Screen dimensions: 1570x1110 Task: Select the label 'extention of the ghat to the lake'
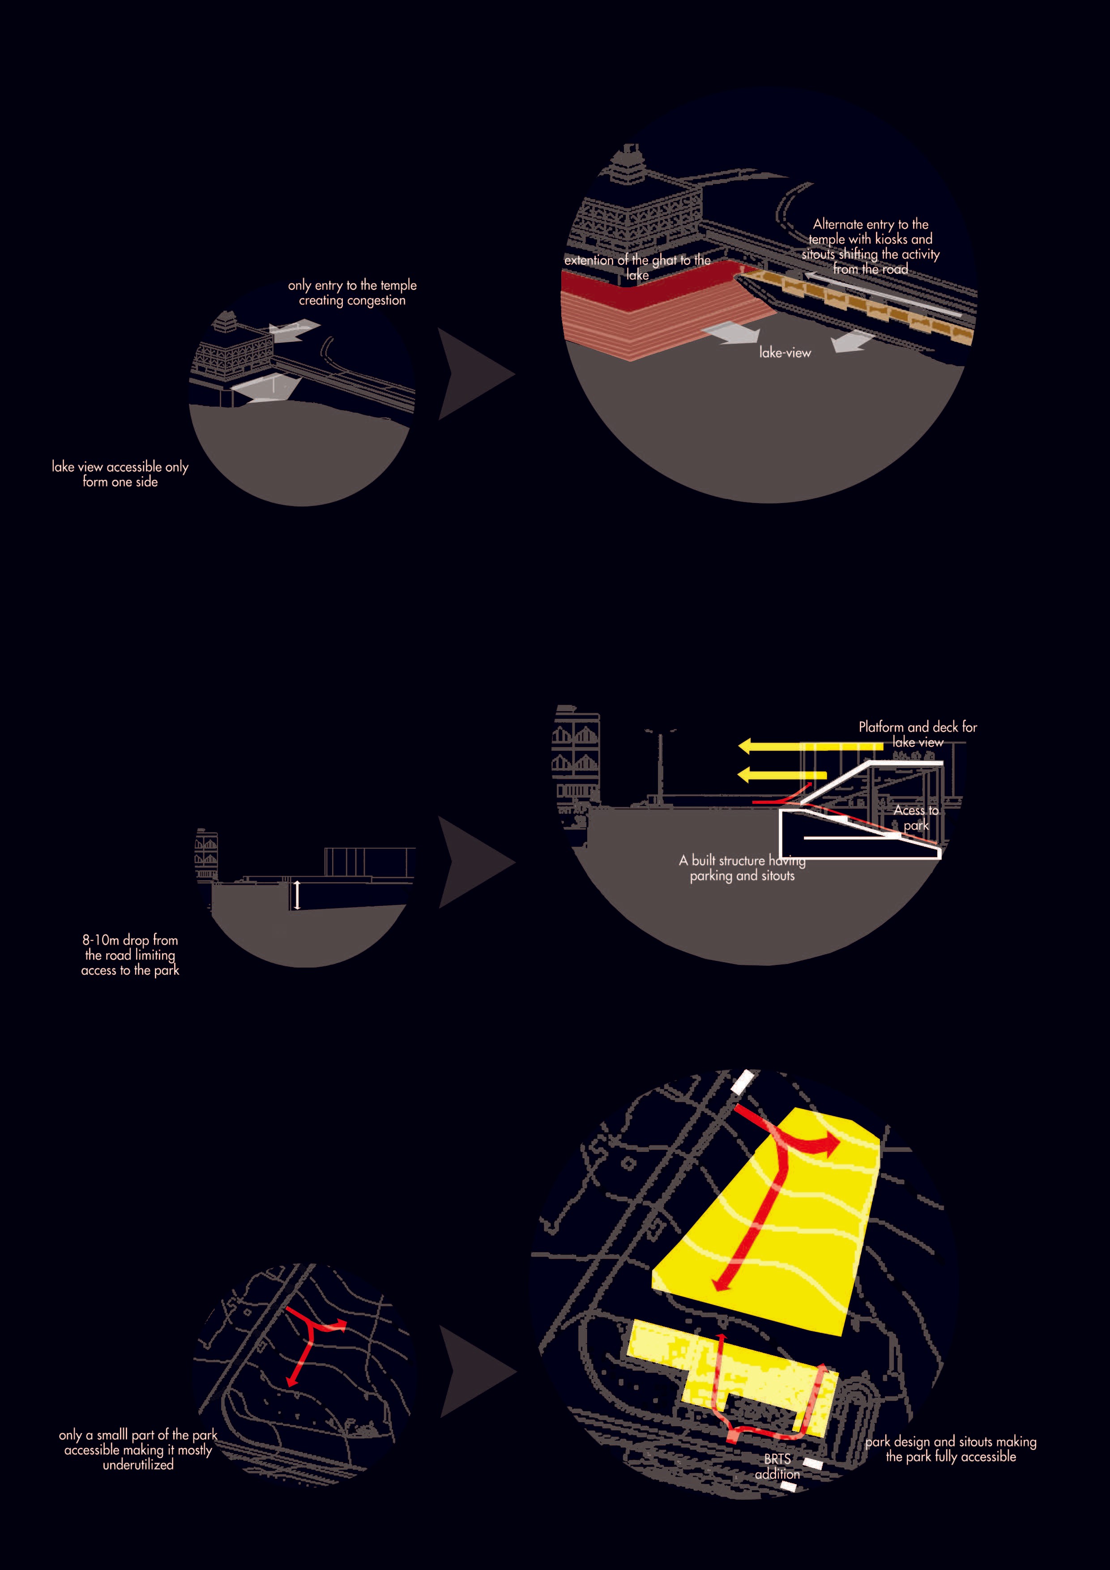[637, 267]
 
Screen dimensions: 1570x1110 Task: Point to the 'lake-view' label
[785, 353]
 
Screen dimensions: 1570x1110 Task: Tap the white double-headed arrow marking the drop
[297, 895]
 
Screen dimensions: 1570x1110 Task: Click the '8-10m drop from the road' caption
[130, 955]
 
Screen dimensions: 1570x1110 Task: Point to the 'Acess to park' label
[916, 817]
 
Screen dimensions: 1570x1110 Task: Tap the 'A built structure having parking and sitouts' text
[742, 868]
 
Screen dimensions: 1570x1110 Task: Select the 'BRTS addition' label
[777, 1466]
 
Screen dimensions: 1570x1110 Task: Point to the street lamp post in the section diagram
[661, 766]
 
